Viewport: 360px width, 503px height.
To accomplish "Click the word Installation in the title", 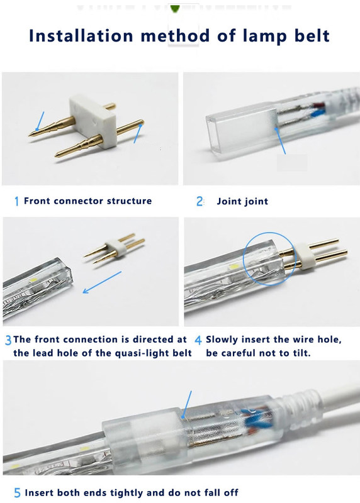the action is pyautogui.click(x=81, y=36).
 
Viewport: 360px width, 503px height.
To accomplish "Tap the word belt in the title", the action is pyautogui.click(x=312, y=36).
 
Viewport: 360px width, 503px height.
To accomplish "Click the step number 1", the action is pyautogui.click(x=17, y=201).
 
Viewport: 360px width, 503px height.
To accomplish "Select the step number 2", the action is pyautogui.click(x=199, y=201).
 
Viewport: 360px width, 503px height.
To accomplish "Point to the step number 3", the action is pyautogui.click(x=8, y=340).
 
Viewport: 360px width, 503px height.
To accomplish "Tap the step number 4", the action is pyautogui.click(x=198, y=340).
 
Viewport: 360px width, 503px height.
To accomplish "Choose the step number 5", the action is pyautogui.click(x=18, y=493).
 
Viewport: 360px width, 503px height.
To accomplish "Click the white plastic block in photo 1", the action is pyautogui.click(x=92, y=120).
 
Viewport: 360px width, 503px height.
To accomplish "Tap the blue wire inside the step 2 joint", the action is pyautogui.click(x=317, y=113).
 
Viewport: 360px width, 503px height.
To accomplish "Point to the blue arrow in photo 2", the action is pyautogui.click(x=279, y=140).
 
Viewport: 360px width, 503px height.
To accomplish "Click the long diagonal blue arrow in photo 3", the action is pyautogui.click(x=102, y=282).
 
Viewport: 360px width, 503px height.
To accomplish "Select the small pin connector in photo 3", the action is pyautogui.click(x=115, y=248).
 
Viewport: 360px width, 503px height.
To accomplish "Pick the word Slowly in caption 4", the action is pyautogui.click(x=222, y=340).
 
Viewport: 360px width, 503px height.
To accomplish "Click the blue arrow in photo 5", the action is pyautogui.click(x=186, y=405).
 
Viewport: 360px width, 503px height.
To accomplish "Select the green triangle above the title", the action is pyautogui.click(x=175, y=9).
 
